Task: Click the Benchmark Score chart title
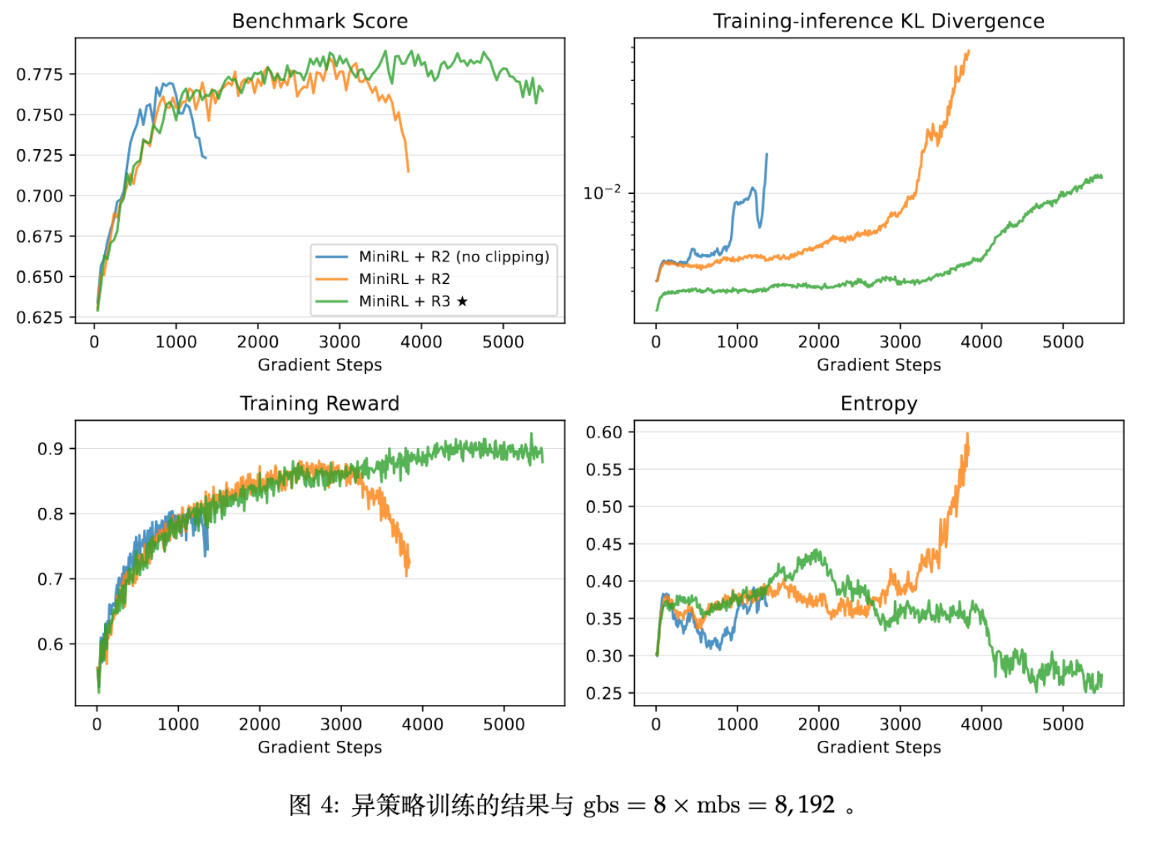pyautogui.click(x=320, y=21)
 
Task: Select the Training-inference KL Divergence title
pyautogui.click(x=878, y=21)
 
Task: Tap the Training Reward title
pyautogui.click(x=320, y=404)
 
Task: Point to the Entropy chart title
pyautogui.click(x=878, y=404)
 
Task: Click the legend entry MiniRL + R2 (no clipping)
pyautogui.click(x=453, y=257)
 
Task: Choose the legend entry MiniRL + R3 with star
pyautogui.click(x=413, y=301)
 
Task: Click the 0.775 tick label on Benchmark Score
pyautogui.click(x=40, y=75)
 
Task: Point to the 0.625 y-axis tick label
pyautogui.click(x=40, y=318)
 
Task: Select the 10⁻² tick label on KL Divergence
pyautogui.click(x=602, y=193)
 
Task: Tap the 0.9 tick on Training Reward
pyautogui.click(x=50, y=449)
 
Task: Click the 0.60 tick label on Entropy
pyautogui.click(x=603, y=432)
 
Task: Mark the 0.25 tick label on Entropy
pyautogui.click(x=603, y=693)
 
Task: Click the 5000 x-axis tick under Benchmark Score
pyautogui.click(x=503, y=342)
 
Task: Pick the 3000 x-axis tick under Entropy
pyautogui.click(x=900, y=724)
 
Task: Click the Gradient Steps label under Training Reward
pyautogui.click(x=320, y=747)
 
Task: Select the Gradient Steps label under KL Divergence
pyautogui.click(x=878, y=365)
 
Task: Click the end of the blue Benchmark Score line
pyautogui.click(x=206, y=157)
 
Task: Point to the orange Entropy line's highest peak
pyautogui.click(x=967, y=434)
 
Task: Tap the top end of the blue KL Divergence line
pyautogui.click(x=767, y=154)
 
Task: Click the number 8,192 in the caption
pyautogui.click(x=805, y=805)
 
